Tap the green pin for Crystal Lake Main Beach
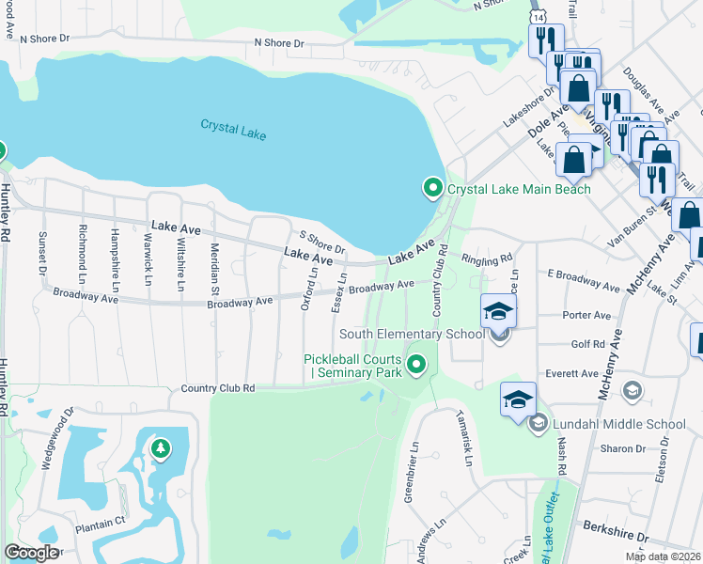click(432, 189)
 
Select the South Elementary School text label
click(412, 334)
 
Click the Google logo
click(31, 553)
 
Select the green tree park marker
click(161, 448)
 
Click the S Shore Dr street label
click(321, 243)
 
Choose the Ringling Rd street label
click(486, 257)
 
